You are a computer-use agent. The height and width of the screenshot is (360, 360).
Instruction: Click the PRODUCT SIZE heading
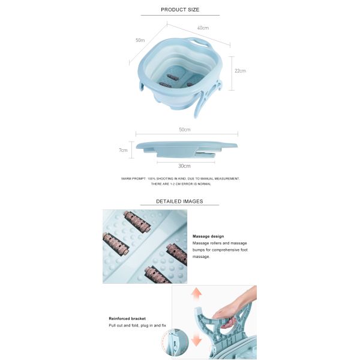tap(180, 10)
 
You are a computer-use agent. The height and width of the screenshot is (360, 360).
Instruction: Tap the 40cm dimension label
tap(203, 28)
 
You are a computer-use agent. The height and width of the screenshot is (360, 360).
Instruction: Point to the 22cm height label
tap(240, 71)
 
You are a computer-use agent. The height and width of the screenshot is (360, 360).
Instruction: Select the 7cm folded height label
tap(123, 150)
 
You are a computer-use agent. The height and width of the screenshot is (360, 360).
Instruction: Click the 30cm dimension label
tap(184, 166)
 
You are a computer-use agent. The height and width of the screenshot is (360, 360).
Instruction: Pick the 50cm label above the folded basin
tap(185, 130)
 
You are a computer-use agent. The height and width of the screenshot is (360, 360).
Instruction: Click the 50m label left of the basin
tap(140, 40)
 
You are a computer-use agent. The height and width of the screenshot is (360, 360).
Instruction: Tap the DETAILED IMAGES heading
tap(179, 202)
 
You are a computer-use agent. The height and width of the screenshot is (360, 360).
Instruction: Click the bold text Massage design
tap(208, 236)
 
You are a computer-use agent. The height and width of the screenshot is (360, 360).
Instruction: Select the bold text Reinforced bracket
tap(127, 319)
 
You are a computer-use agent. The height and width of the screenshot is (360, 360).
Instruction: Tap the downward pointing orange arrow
tap(196, 339)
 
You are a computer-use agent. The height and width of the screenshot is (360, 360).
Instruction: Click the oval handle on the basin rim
tap(199, 43)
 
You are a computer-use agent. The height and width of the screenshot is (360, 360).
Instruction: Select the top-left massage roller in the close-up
tap(137, 222)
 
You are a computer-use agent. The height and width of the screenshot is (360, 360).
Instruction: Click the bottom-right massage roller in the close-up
tap(158, 275)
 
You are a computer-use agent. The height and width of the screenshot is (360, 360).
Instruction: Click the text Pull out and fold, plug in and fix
tap(137, 326)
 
